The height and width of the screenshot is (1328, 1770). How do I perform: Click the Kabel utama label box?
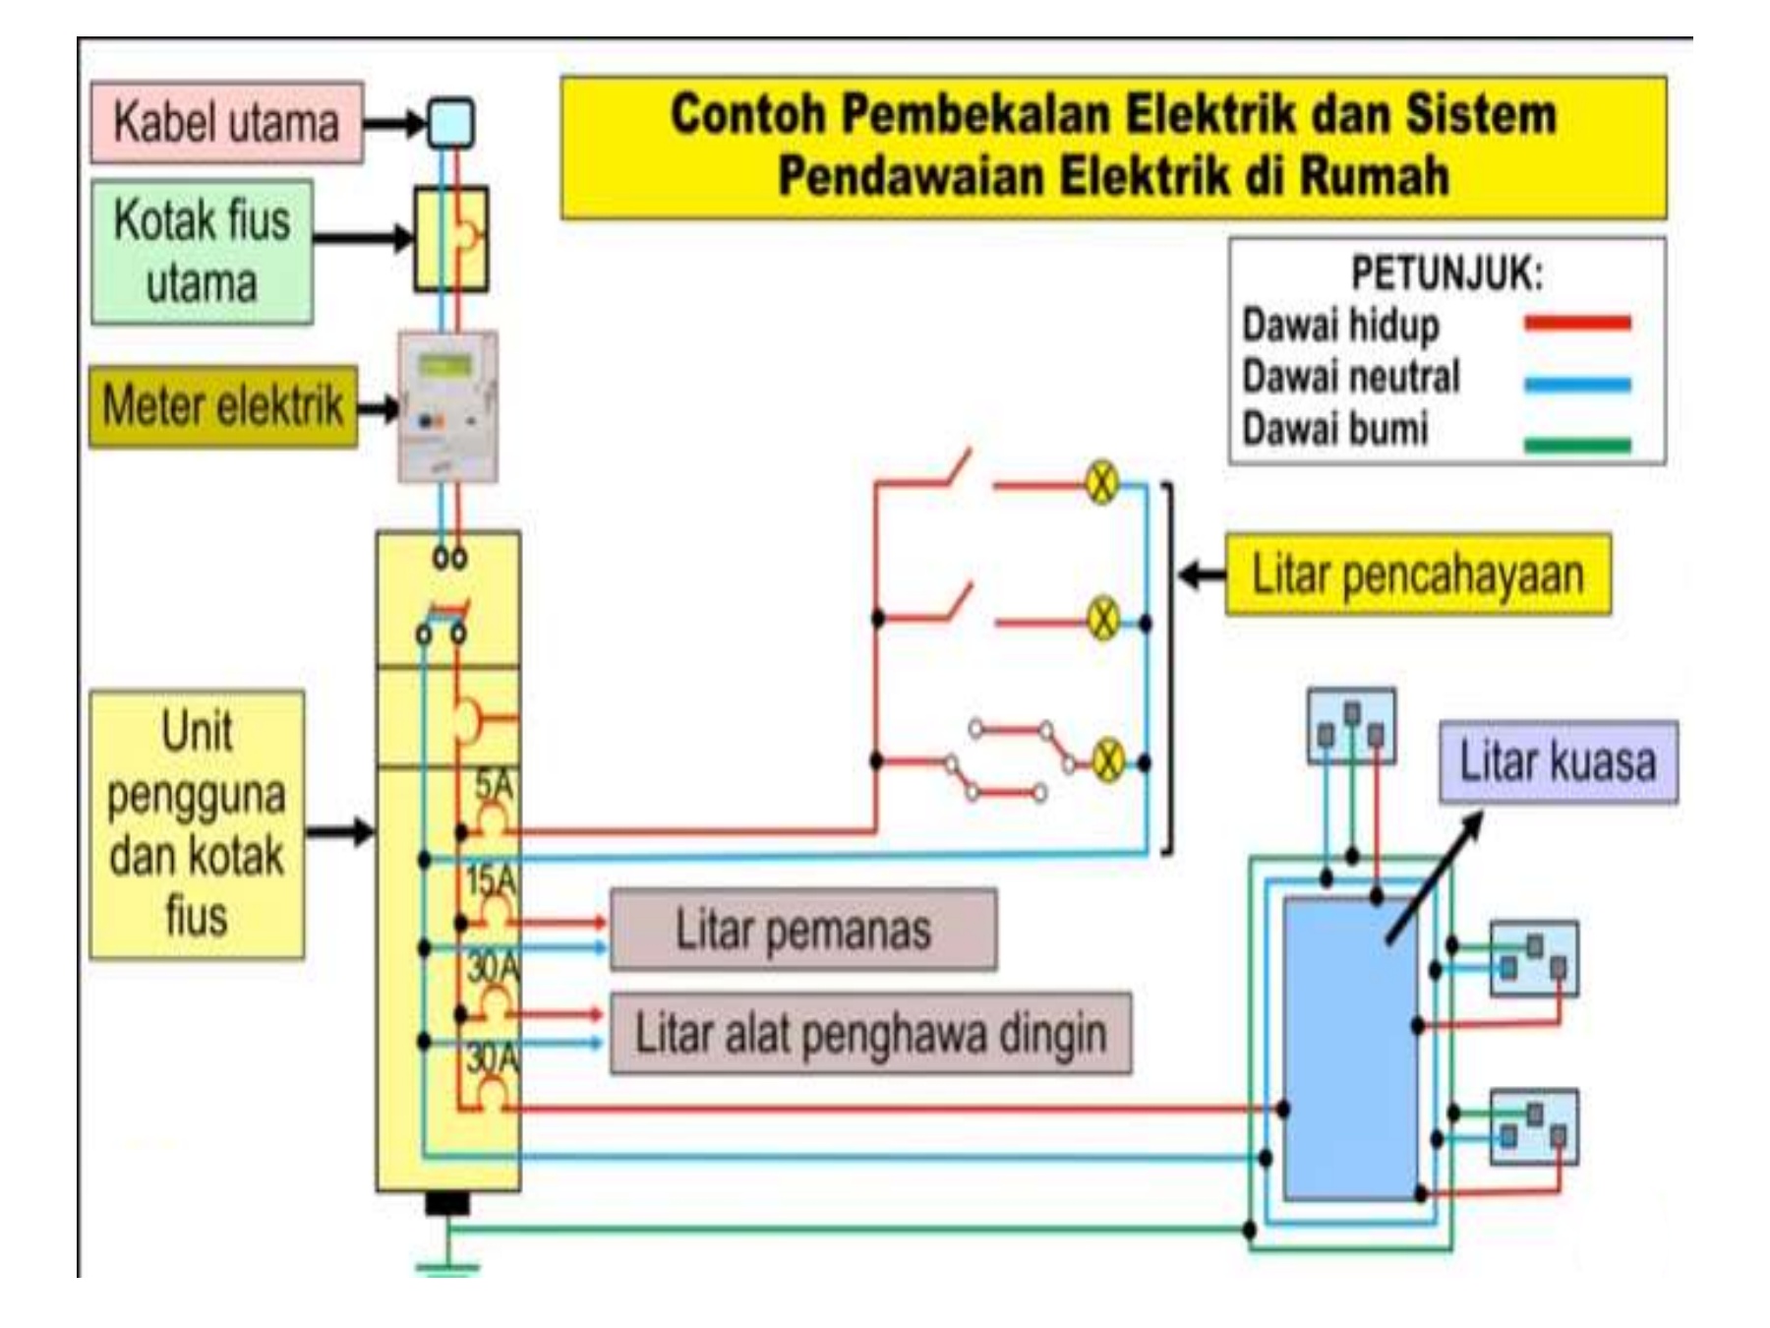(x=226, y=123)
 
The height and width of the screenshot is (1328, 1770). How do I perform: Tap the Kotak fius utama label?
(x=203, y=252)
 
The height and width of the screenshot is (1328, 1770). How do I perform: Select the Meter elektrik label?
(x=223, y=406)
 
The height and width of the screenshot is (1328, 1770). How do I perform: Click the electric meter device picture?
(x=447, y=406)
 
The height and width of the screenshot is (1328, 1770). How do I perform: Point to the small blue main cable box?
(x=451, y=124)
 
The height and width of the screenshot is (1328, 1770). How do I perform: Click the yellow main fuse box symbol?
(x=450, y=239)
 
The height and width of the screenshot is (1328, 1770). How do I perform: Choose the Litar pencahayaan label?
(x=1417, y=574)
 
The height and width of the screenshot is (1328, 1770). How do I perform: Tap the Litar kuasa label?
(x=1558, y=762)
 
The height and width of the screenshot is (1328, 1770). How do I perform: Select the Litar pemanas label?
(x=802, y=930)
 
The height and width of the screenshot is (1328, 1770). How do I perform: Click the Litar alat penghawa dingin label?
(x=870, y=1033)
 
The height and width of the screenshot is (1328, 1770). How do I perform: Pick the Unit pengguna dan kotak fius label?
(x=197, y=824)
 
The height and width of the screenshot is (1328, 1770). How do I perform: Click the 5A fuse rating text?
(x=495, y=785)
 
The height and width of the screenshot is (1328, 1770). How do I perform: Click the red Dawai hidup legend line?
(x=1577, y=323)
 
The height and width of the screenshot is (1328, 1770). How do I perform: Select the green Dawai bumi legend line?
(x=1577, y=445)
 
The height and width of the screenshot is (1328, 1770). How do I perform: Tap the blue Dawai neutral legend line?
(x=1577, y=385)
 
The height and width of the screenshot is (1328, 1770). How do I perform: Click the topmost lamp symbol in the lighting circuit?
(x=1102, y=483)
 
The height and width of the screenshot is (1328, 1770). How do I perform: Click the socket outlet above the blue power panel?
(x=1351, y=726)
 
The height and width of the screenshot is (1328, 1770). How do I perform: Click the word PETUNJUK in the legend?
(x=1446, y=274)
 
